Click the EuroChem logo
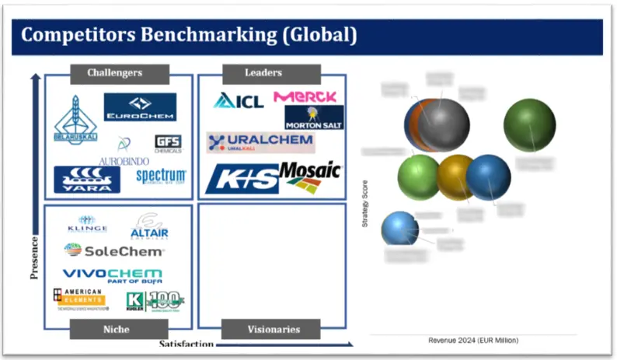tap(140, 107)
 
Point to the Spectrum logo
tap(161, 176)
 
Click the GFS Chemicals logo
tap(168, 144)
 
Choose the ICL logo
tap(239, 100)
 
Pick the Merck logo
tap(305, 97)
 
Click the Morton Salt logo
tap(314, 118)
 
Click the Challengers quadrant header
tap(116, 73)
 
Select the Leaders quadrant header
tap(263, 73)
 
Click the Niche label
tap(116, 330)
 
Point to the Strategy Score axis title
tap(365, 204)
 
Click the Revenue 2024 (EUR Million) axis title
tap(472, 341)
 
